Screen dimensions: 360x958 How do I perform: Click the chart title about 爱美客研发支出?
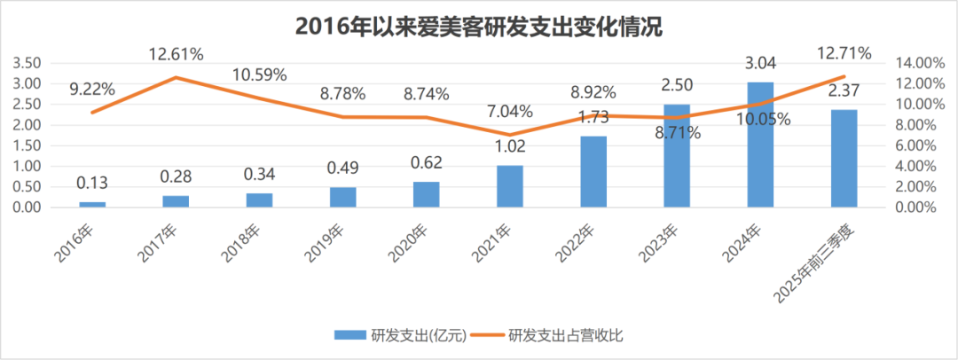[479, 27]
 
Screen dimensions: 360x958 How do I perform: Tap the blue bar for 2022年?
[593, 172]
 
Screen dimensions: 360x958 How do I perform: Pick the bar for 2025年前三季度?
[844, 159]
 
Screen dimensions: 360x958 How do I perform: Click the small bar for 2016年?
[92, 204]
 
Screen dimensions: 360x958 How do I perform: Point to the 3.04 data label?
[760, 65]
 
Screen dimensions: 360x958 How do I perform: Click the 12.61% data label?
[176, 54]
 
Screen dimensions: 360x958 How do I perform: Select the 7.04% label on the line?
[509, 112]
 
